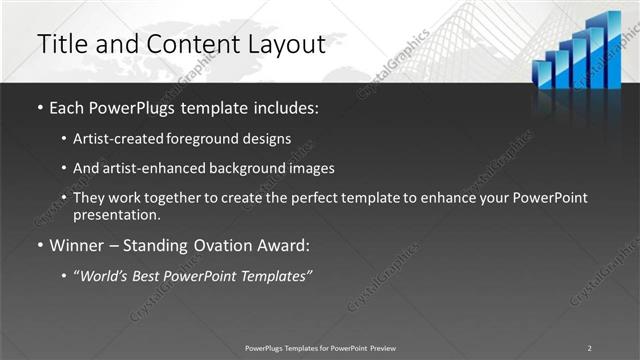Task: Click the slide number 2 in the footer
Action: [x=589, y=348]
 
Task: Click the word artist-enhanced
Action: [x=154, y=168]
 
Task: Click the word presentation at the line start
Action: [x=116, y=214]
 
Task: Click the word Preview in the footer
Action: [x=382, y=348]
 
